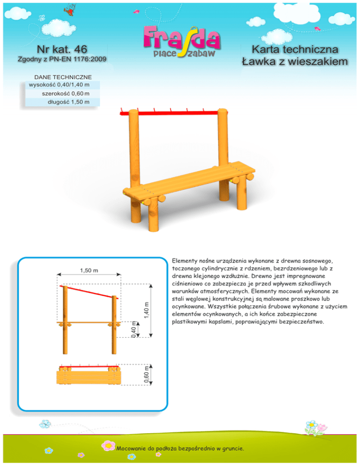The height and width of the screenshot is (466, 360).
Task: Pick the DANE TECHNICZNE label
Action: pyautogui.click(x=63, y=77)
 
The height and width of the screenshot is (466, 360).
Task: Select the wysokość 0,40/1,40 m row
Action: pyautogui.click(x=59, y=85)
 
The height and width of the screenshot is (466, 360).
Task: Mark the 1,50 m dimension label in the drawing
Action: pyautogui.click(x=89, y=270)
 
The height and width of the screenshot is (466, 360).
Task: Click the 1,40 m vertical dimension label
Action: pyautogui.click(x=147, y=310)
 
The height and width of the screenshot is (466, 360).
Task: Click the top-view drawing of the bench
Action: pyautogui.click(x=88, y=374)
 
